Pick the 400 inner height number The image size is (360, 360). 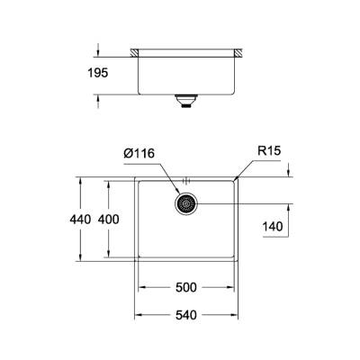(x=109, y=220)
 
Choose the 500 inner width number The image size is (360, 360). (x=186, y=288)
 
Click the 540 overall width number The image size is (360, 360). (x=186, y=316)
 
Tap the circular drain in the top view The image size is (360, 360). (x=186, y=205)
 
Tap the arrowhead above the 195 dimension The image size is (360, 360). (x=97, y=49)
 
